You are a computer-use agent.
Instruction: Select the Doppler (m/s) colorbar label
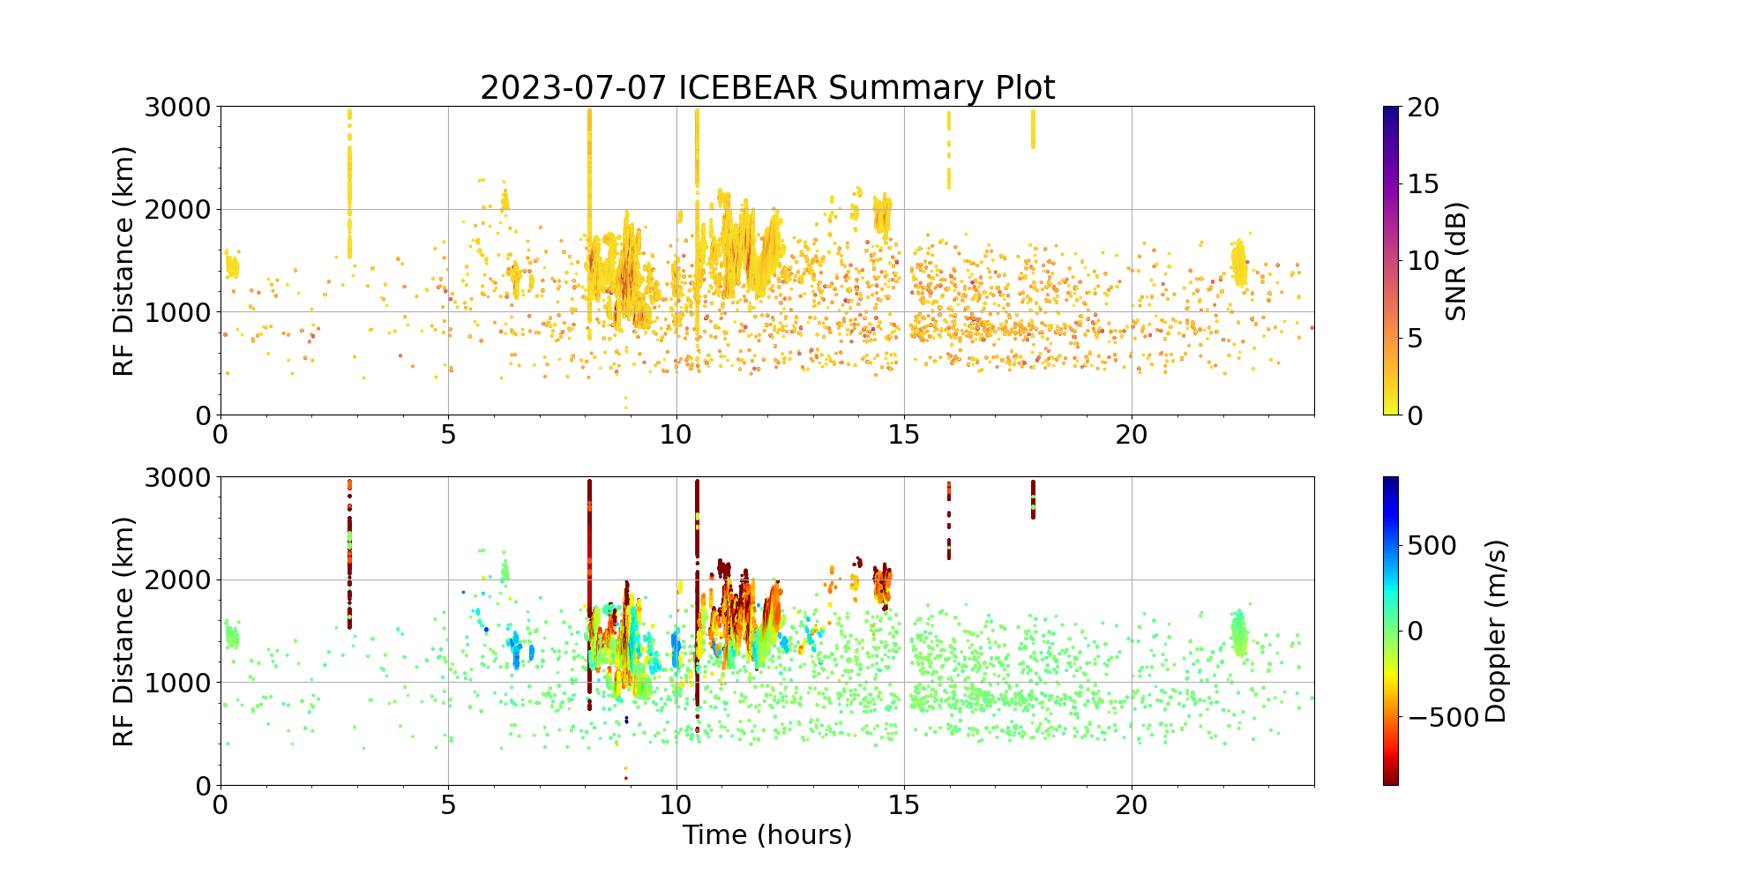[1496, 632]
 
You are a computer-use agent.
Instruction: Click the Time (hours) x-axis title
[767, 834]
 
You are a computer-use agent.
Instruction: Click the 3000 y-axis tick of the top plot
[177, 108]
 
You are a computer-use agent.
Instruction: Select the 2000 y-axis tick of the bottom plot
[177, 580]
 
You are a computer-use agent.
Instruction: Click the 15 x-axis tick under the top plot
[904, 435]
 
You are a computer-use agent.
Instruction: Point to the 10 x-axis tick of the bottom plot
[676, 805]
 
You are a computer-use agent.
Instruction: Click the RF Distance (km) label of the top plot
[124, 261]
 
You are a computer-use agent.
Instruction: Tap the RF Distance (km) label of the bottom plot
[124, 632]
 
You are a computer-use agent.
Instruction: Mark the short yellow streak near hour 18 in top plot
[1033, 129]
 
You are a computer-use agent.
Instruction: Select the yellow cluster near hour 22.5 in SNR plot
[1239, 261]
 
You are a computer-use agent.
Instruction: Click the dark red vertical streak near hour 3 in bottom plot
[349, 556]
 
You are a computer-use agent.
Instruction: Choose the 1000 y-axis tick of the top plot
[177, 312]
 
